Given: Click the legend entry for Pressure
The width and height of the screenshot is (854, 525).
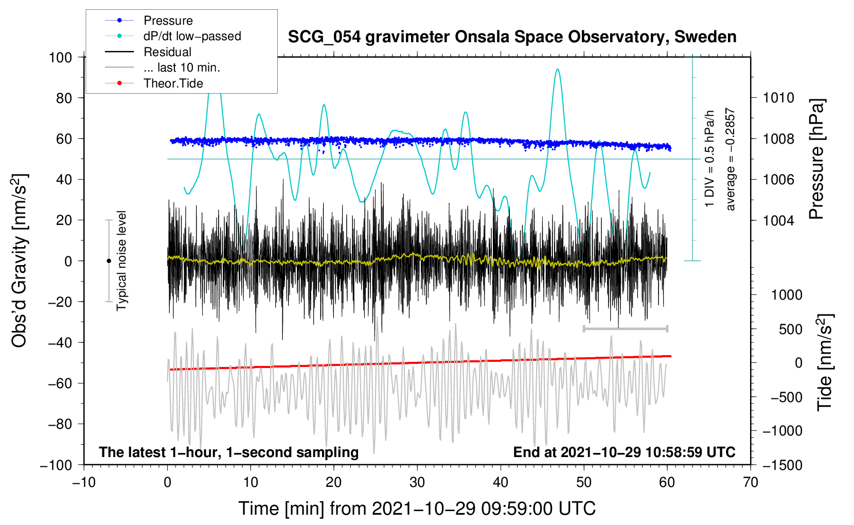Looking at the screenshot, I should coord(168,21).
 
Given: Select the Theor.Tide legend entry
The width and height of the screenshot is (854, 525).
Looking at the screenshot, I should coord(173,83).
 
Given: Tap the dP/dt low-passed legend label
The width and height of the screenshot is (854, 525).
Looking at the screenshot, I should coord(192,36).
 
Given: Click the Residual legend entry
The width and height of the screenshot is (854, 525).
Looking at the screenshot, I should coord(167,52).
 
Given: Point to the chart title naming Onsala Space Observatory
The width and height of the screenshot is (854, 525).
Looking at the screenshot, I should coord(512,37).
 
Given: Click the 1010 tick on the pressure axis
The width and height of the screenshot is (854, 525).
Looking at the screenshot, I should coord(778,98).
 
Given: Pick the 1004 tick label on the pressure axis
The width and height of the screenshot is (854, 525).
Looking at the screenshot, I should coord(778,220).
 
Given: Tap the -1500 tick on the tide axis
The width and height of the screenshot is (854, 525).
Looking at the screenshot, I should coord(782,465).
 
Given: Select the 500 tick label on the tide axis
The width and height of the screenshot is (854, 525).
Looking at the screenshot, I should coord(790,329).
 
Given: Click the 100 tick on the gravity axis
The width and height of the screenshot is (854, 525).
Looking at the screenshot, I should coord(60,57).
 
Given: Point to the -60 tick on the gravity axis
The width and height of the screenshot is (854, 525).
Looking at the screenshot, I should coord(60,383).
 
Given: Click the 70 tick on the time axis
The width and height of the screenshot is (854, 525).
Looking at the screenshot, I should coord(751,482).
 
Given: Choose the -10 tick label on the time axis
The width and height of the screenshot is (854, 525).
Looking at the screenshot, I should coord(84,482).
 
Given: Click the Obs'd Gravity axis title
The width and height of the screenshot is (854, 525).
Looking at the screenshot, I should coord(20,261).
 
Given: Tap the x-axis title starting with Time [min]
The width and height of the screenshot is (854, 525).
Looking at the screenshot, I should coord(417,509).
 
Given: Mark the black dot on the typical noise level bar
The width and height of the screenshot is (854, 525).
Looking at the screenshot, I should coord(109,261).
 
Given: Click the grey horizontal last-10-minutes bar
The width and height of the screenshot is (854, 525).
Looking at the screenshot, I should coord(625,328).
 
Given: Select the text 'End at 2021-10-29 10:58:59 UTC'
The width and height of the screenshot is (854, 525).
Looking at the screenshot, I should coord(624,452).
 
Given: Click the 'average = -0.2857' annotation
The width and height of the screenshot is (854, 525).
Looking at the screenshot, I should coord(731,160).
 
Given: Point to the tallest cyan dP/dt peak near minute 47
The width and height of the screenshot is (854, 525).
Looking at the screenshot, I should coord(557,70).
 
